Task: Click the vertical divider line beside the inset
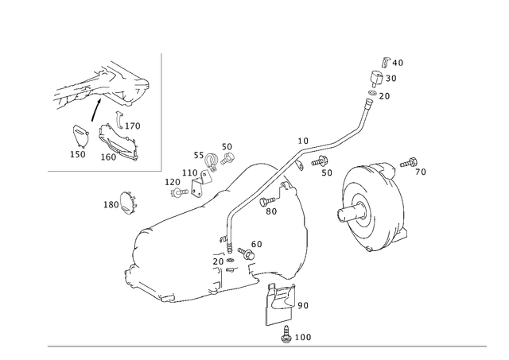162,111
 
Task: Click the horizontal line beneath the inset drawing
103,170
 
